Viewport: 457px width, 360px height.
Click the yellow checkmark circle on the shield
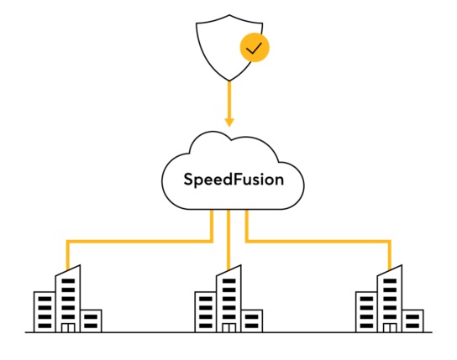click(255, 48)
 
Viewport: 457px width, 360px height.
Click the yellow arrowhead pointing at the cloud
click(229, 123)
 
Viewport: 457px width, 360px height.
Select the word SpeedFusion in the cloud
click(234, 180)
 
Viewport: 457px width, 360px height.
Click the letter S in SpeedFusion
click(189, 180)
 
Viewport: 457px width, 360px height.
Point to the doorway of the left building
click(68, 328)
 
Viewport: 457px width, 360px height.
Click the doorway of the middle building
click(229, 328)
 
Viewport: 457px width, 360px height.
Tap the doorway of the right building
click(390, 328)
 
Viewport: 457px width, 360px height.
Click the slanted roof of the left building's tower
click(67, 270)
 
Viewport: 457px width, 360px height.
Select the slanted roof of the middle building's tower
click(228, 270)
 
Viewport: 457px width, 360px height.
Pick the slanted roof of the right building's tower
click(390, 270)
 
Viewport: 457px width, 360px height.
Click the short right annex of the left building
click(91, 321)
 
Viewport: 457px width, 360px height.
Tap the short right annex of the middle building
click(252, 321)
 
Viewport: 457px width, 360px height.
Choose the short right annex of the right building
click(413, 321)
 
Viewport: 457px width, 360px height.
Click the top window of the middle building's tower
click(228, 281)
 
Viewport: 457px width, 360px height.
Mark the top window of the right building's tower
click(390, 281)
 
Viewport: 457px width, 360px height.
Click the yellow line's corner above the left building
click(68, 242)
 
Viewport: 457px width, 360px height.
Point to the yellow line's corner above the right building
click(390, 242)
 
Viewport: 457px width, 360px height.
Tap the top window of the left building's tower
click(68, 281)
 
